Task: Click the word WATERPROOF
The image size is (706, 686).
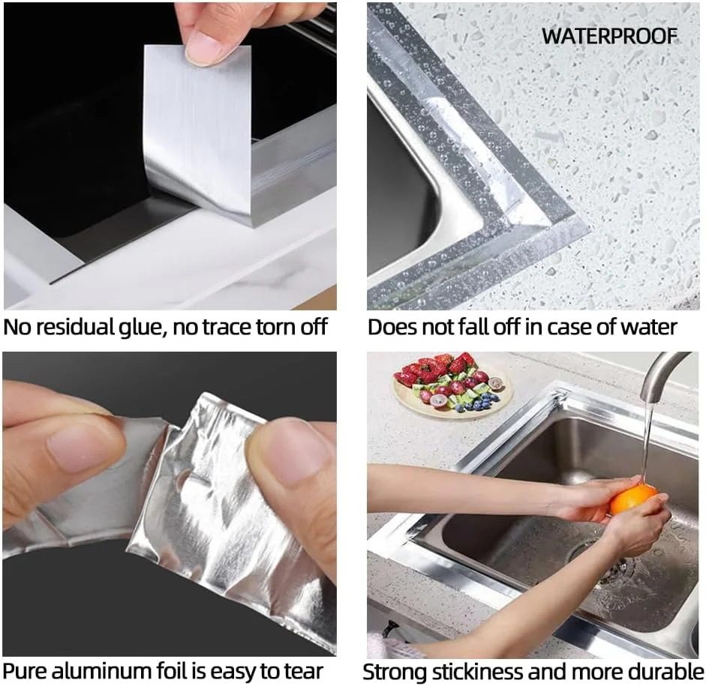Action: (x=609, y=36)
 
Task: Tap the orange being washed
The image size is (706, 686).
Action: (x=634, y=499)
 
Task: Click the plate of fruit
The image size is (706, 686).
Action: (x=452, y=385)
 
